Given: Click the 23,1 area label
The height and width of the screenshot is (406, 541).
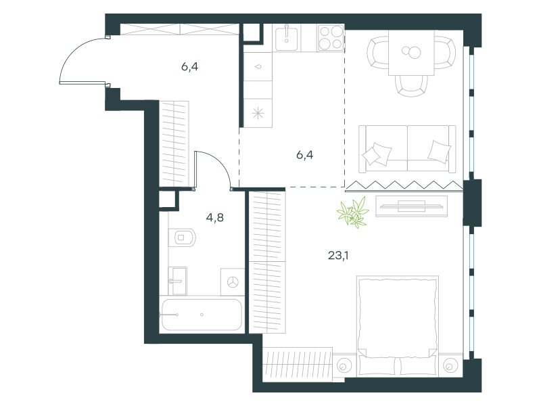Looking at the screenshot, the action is (x=338, y=256).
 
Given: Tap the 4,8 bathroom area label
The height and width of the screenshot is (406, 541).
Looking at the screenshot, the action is (x=214, y=217).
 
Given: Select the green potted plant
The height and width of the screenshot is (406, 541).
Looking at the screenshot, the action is (x=353, y=212).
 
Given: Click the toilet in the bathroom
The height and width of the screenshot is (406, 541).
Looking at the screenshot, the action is (x=182, y=238).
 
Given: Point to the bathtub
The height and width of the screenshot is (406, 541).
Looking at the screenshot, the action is (x=202, y=315).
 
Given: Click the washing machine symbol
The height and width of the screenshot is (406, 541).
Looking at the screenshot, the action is (x=233, y=282).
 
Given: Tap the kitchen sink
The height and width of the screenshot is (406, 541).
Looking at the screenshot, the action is (x=286, y=38).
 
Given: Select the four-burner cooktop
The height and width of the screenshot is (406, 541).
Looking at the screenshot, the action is (x=331, y=38).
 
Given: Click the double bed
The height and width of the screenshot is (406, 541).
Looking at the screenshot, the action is (x=398, y=326).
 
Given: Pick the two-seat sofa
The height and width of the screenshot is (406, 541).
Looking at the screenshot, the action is (x=407, y=148).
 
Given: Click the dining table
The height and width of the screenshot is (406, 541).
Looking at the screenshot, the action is (x=411, y=53).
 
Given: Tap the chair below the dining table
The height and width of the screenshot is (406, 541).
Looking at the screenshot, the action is (x=411, y=86).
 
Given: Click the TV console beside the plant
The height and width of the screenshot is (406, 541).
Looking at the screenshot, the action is (x=411, y=206).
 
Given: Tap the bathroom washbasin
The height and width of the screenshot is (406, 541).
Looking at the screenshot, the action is (x=177, y=281).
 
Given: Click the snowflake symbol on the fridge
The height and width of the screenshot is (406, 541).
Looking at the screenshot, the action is (x=258, y=113).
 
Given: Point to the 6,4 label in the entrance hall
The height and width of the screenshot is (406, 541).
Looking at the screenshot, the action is (x=189, y=66).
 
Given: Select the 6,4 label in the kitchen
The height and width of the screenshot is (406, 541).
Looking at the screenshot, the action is (x=305, y=155).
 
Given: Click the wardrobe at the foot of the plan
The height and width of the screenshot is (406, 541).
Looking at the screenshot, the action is (x=297, y=365).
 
